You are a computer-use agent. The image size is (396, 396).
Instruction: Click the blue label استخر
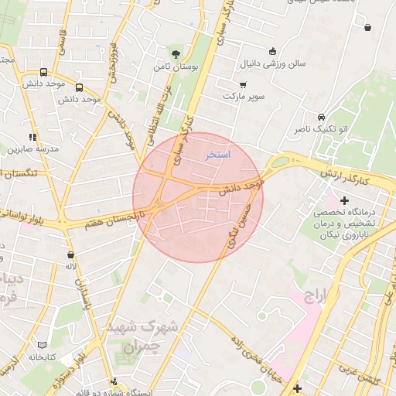(x=217, y=155)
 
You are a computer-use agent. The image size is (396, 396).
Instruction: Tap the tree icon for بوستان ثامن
(x=177, y=54)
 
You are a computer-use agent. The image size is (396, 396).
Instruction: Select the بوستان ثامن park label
(x=177, y=68)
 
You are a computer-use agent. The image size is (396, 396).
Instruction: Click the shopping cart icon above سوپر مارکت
(x=244, y=84)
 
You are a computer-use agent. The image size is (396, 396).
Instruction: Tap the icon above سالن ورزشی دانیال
(x=271, y=52)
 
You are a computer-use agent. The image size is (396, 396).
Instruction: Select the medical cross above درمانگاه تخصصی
(x=344, y=200)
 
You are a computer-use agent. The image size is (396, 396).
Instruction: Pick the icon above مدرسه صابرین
(x=32, y=136)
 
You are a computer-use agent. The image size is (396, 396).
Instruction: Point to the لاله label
(x=71, y=267)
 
